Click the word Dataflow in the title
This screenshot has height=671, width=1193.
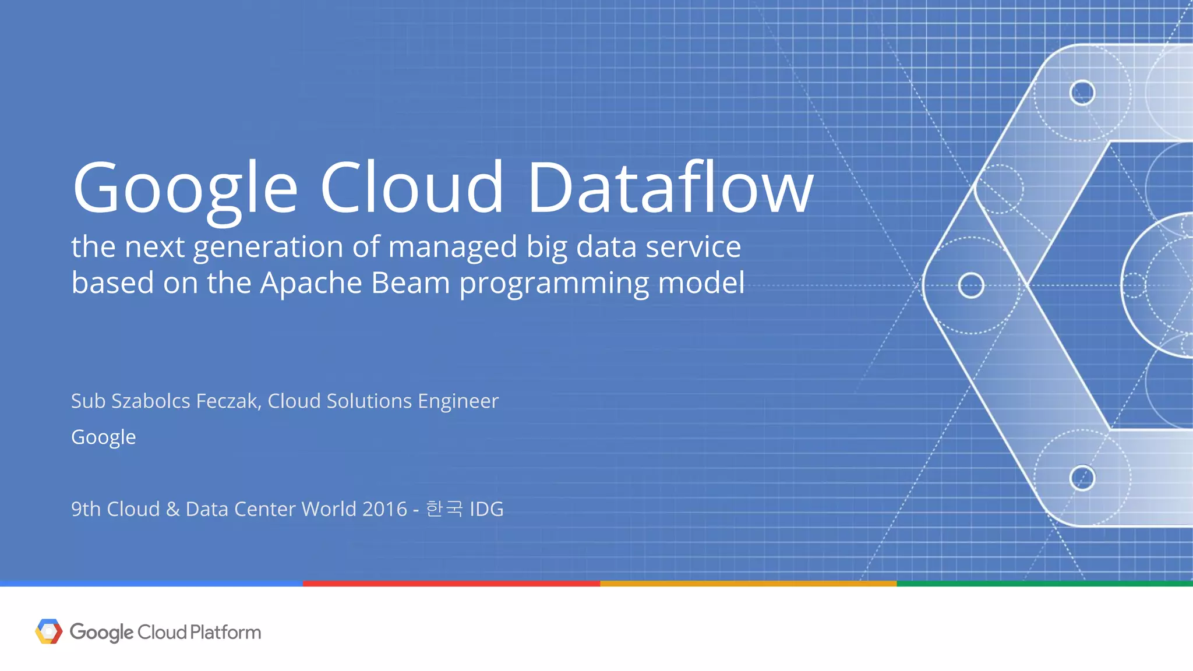click(670, 188)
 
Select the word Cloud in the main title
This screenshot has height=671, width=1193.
click(411, 188)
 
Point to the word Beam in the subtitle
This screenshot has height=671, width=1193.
click(410, 283)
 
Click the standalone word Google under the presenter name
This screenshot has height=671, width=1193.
click(103, 437)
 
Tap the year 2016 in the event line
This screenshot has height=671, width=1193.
click(384, 509)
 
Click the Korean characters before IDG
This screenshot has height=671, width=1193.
click(444, 509)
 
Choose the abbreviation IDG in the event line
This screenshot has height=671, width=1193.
click(486, 509)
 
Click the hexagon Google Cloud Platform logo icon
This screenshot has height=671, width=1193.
click(49, 631)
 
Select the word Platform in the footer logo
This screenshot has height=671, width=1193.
click(225, 632)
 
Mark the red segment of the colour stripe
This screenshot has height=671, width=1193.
click(451, 583)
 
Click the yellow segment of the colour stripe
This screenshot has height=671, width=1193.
click(749, 583)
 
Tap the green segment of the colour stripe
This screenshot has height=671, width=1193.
click(1044, 583)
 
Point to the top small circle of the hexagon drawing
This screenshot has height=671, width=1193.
click(1082, 93)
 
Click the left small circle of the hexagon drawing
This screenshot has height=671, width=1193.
click(971, 285)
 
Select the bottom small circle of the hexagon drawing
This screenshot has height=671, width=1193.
click(1082, 478)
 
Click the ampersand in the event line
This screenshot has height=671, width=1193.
click(172, 509)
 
